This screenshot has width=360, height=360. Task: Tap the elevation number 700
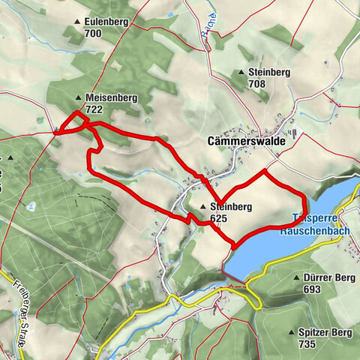pos(94,34)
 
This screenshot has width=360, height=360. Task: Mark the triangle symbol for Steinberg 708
pos(241,73)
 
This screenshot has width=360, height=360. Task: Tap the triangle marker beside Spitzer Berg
pos(292,331)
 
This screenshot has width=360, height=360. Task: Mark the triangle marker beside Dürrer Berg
pos(297,277)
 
